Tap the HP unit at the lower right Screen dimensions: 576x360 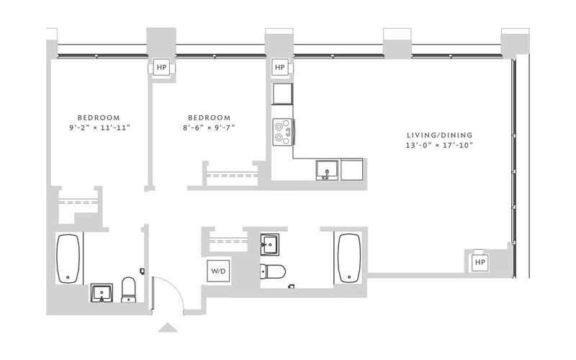tap(480, 262)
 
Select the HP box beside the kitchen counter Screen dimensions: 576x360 tap(280, 68)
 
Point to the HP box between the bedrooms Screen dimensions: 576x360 tap(161, 68)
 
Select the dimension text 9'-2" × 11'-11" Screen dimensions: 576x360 tap(99, 128)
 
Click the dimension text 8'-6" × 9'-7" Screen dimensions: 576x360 tap(209, 128)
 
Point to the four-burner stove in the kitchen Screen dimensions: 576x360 tap(282, 130)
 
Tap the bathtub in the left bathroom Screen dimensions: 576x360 tap(70, 258)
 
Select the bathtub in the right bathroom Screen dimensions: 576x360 tap(349, 258)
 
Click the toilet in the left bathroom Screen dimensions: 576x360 tap(129, 289)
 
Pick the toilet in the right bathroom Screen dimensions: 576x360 tap(273, 271)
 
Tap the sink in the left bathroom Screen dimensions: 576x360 tap(101, 292)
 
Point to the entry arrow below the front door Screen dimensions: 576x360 tap(167, 328)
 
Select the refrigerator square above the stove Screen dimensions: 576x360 tap(282, 94)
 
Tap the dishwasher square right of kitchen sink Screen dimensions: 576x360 tap(352, 170)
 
